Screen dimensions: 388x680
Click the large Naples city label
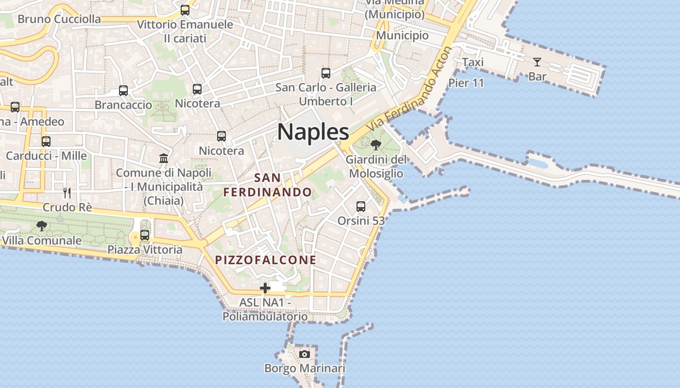coord(313,132)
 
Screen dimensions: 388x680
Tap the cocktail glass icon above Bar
coord(537,62)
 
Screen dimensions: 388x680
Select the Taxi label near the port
coord(473,62)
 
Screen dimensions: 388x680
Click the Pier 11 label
coord(466,83)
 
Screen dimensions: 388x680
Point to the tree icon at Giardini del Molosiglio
coord(375,145)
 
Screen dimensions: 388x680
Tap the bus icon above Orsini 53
coord(361,207)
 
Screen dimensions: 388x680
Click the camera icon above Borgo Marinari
coord(305,354)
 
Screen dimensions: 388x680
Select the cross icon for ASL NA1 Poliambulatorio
coord(265,288)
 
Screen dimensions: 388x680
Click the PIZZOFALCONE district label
coord(266,260)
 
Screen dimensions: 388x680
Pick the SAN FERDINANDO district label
coord(267,185)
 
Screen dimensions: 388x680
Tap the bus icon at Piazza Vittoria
coord(145,235)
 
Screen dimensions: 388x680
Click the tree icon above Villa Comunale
coord(42,226)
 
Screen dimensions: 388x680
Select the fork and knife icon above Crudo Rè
coord(67,193)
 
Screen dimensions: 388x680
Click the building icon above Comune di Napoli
coord(164,158)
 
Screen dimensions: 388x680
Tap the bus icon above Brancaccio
coord(123,91)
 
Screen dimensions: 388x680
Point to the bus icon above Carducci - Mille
coord(46,142)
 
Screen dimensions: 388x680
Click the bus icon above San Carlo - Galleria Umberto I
coord(326,73)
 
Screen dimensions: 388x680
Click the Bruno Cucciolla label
coord(59,19)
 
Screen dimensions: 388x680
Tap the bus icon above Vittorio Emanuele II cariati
coord(185,10)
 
